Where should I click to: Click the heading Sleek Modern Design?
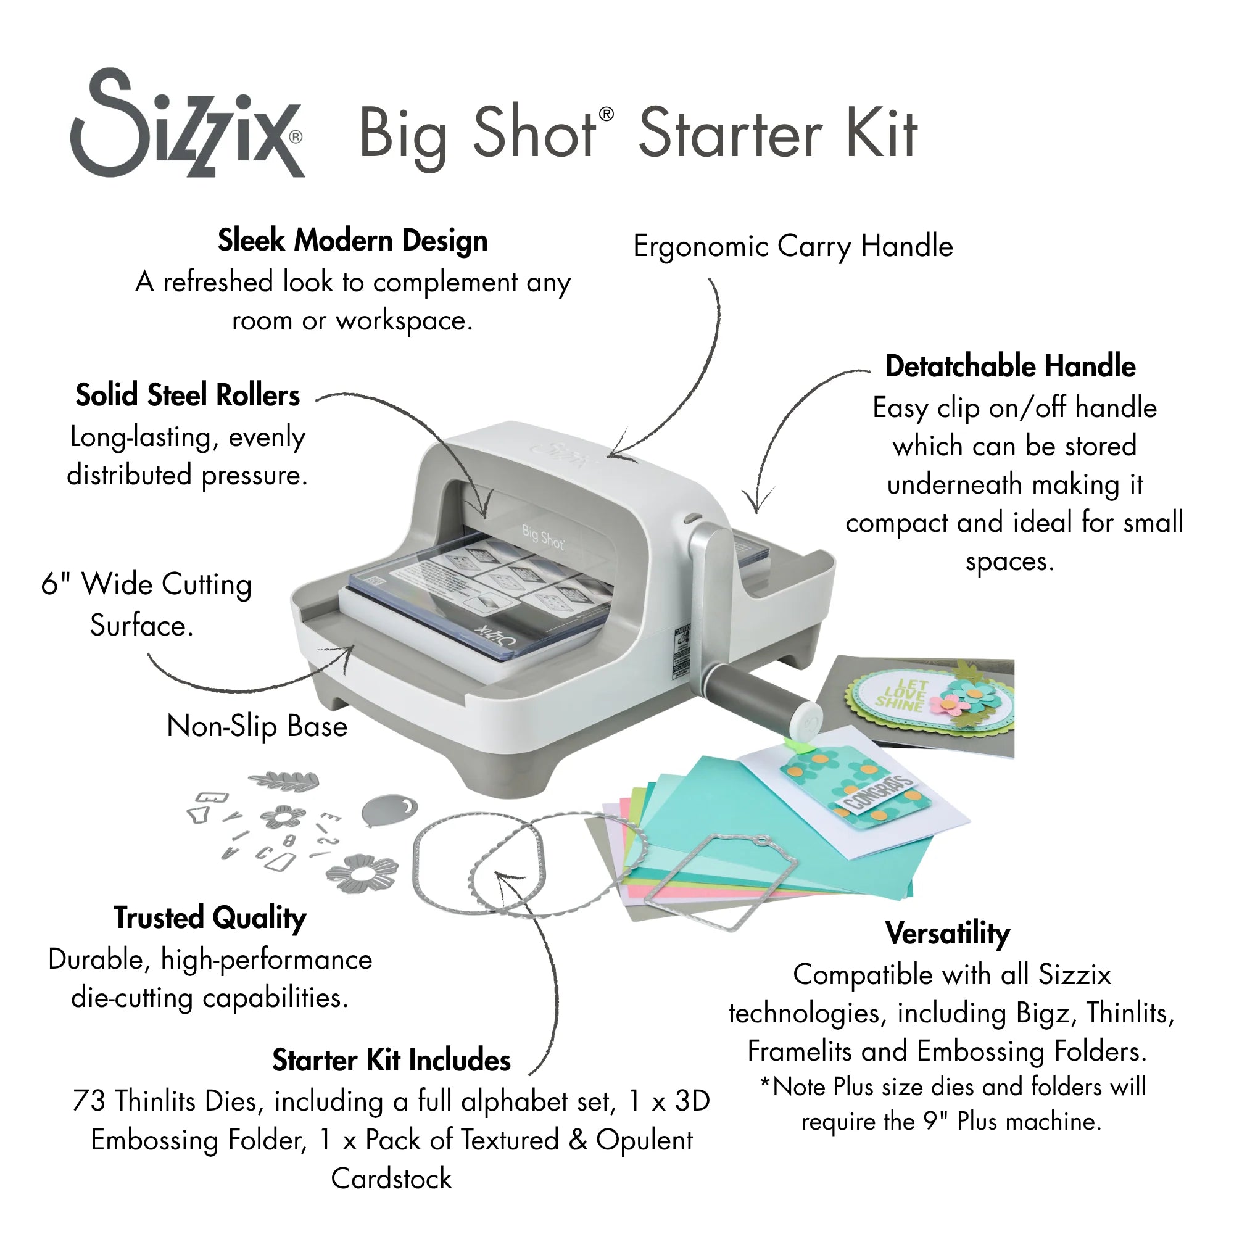[352, 241]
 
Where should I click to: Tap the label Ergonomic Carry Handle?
[793, 247]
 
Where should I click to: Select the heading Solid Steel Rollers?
[188, 395]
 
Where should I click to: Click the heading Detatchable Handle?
[1010, 366]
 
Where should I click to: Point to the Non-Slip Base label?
[257, 726]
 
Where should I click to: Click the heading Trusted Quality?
[210, 918]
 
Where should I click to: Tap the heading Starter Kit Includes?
[391, 1061]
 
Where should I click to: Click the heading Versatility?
[947, 933]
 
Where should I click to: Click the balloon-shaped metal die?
[388, 810]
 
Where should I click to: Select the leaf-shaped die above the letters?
[284, 780]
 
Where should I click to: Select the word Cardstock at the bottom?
[391, 1179]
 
